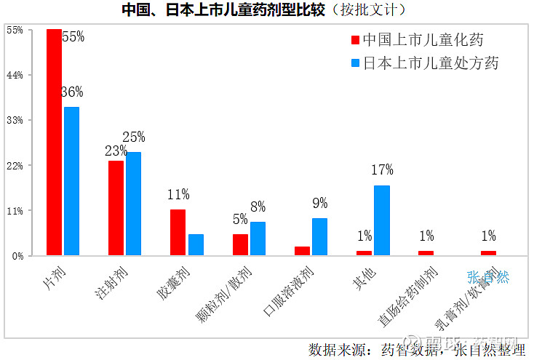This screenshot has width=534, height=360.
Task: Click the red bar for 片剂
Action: point(54,142)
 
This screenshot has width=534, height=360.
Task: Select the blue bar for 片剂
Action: point(71,181)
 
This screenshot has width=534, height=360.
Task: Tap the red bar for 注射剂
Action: point(116,208)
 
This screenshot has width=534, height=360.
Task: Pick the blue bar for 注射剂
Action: point(134,204)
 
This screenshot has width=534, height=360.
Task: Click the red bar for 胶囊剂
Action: point(178,232)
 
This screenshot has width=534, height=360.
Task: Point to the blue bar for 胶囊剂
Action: point(196,244)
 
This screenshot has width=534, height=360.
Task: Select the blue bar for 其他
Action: point(382,220)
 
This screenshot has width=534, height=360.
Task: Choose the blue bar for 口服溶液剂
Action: point(320,236)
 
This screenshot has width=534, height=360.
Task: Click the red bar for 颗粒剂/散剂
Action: point(240,244)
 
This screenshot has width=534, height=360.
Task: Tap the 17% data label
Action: point(383,170)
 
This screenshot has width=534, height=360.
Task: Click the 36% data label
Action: point(72,92)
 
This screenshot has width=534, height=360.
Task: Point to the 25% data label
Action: point(134,137)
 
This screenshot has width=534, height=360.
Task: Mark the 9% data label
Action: point(320,204)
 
